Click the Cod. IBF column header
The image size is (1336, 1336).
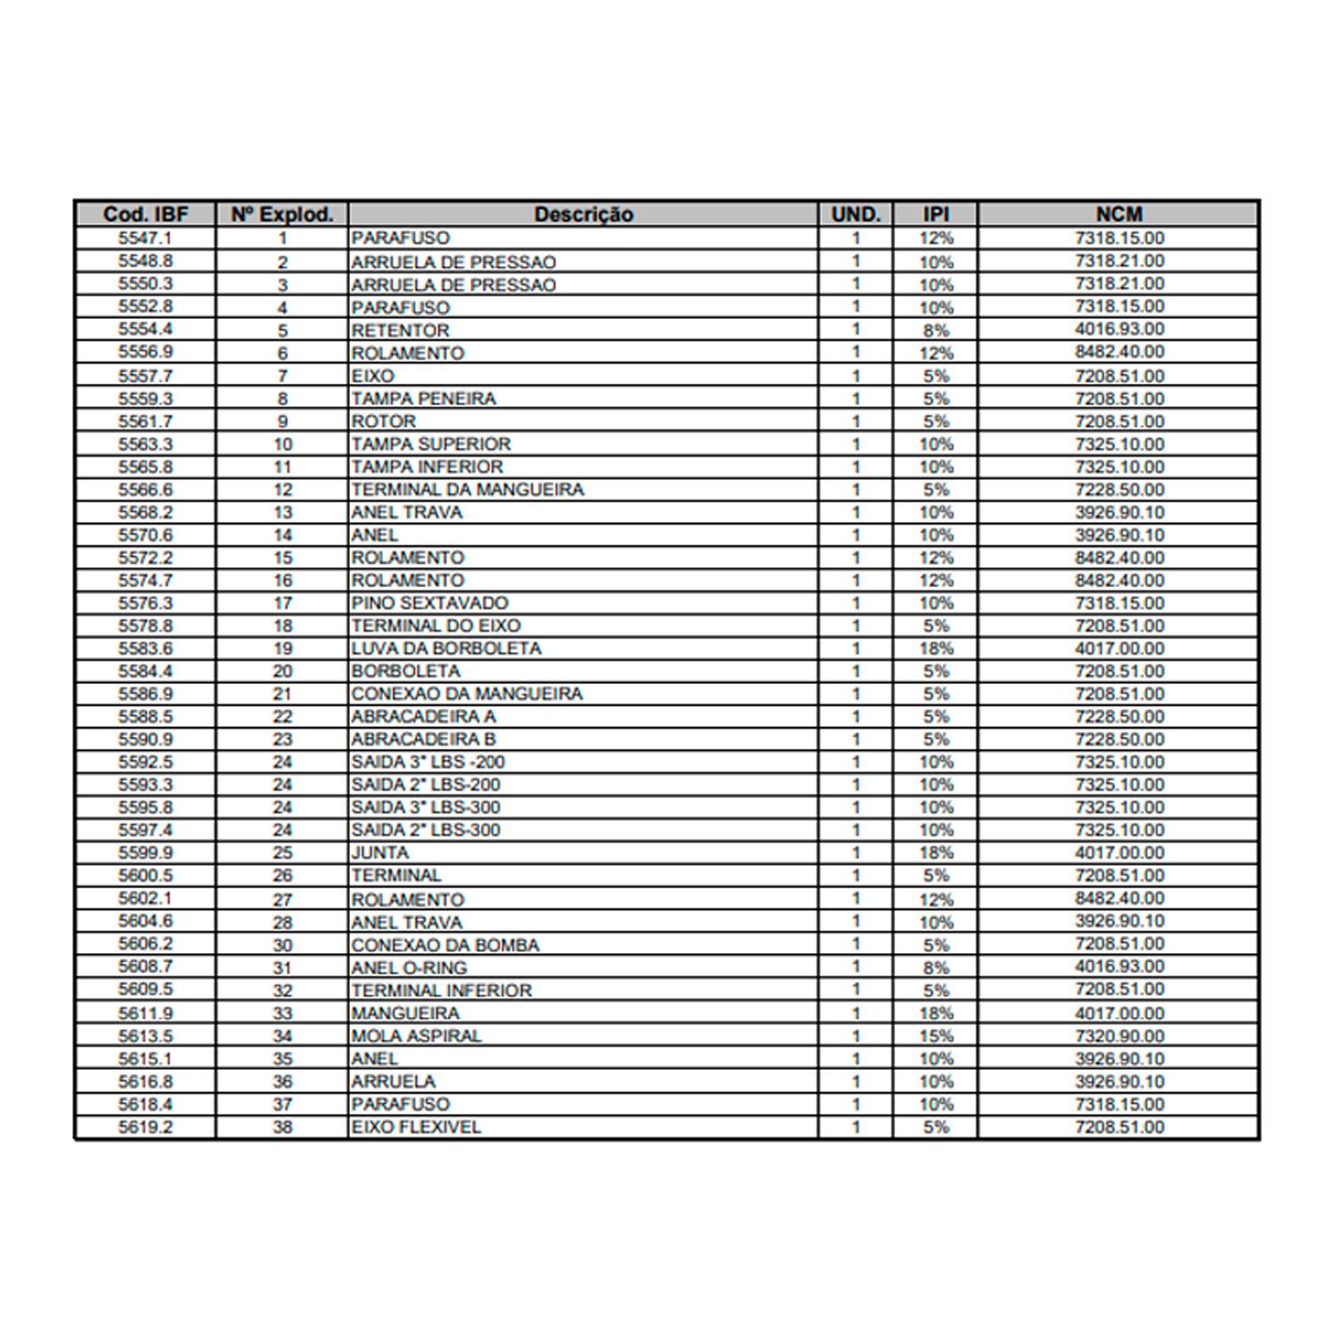tap(145, 215)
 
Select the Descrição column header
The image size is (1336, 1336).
tap(583, 215)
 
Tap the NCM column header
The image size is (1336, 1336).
tap(1119, 215)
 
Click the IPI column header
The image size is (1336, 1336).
tap(935, 215)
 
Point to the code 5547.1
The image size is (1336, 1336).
tap(145, 238)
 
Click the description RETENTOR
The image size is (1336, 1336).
tap(400, 330)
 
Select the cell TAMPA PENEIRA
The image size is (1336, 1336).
tap(423, 398)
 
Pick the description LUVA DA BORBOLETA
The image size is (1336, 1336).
tap(445, 648)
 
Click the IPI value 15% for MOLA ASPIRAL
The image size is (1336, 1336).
tap(936, 1036)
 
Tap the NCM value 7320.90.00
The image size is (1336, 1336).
tap(1119, 1036)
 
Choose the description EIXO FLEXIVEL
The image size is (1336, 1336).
tap(416, 1127)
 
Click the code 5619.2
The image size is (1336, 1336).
tap(145, 1127)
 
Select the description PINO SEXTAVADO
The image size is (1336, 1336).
tap(429, 603)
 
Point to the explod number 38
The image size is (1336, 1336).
tap(282, 1127)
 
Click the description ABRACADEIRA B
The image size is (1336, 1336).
tap(423, 739)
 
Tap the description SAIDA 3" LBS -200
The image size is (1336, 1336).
tap(428, 762)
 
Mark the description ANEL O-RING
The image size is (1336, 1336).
tap(409, 967)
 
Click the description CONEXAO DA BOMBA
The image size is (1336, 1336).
tap(444, 945)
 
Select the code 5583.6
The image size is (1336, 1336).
tap(145, 648)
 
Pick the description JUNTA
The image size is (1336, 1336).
tap(379, 852)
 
